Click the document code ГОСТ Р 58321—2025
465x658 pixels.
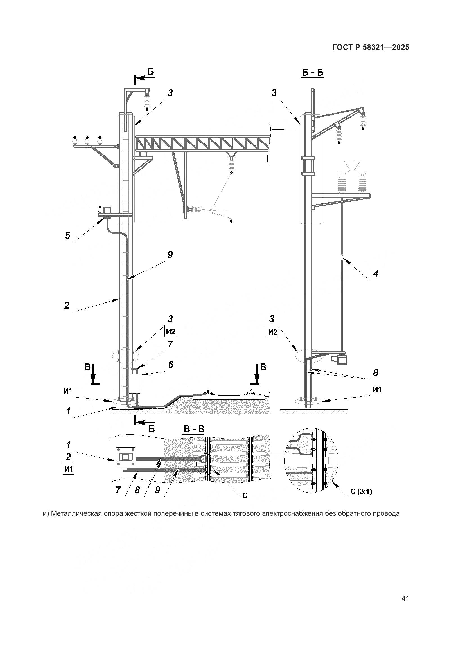(371, 47)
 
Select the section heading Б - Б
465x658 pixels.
(313, 73)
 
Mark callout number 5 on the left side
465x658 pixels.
(67, 235)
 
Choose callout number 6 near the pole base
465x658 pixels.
(171, 365)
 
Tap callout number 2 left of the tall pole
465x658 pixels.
(67, 305)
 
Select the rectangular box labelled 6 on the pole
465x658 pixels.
(135, 383)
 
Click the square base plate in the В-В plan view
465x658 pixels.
(125, 457)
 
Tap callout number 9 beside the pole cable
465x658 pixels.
(170, 255)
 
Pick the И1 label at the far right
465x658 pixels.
(377, 389)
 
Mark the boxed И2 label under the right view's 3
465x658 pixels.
(273, 332)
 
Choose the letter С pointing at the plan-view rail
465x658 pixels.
(245, 495)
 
